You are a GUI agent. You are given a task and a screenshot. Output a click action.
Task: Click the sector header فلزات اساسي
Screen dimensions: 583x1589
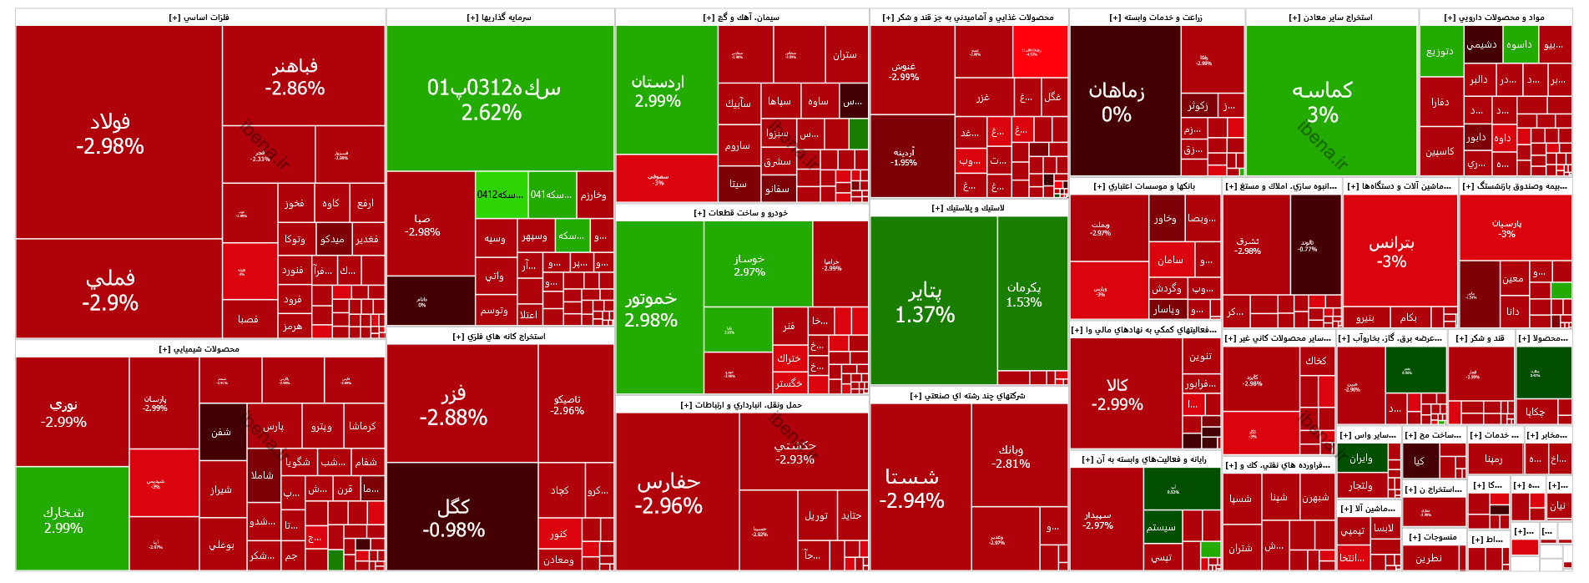coord(200,18)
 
